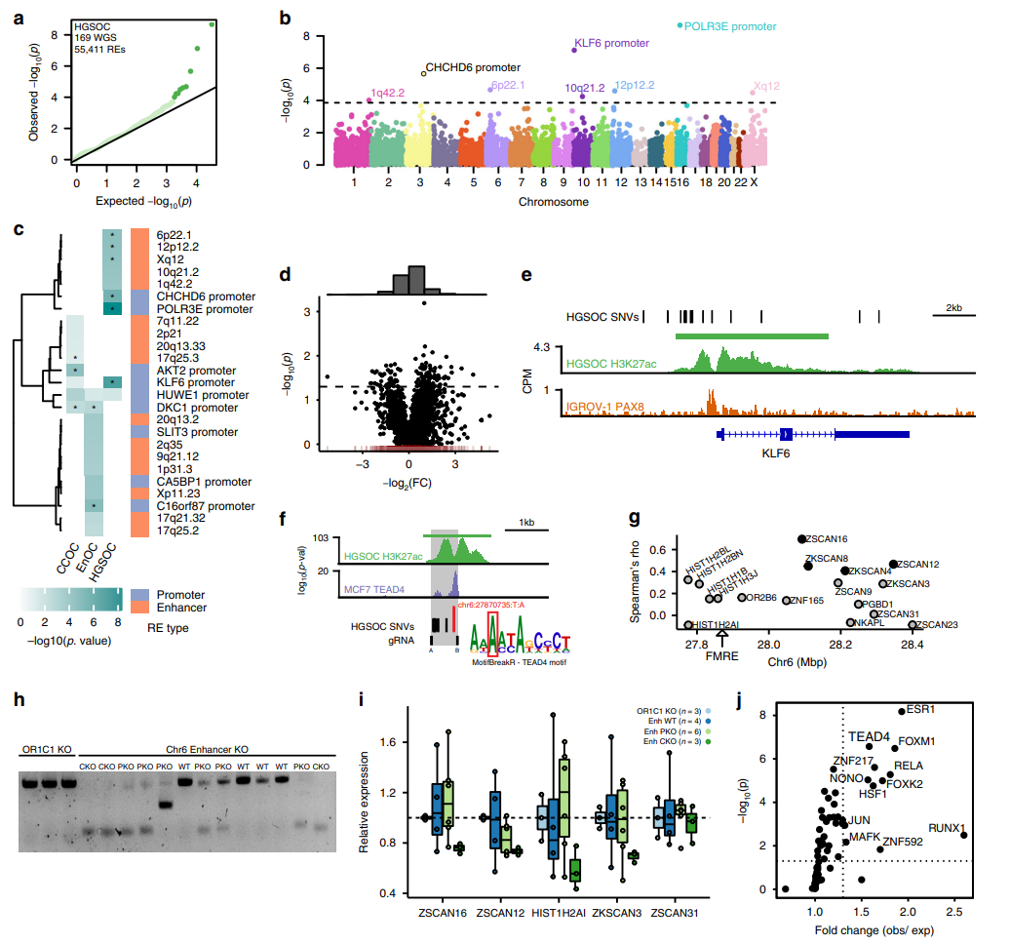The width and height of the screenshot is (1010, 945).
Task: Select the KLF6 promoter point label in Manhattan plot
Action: click(x=611, y=44)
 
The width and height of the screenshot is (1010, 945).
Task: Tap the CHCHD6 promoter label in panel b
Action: click(x=473, y=67)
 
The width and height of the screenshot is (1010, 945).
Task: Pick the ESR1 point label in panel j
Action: click(x=920, y=709)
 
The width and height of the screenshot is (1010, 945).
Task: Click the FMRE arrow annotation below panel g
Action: click(x=722, y=647)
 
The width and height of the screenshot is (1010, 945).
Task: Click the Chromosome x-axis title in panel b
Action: click(x=552, y=203)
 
